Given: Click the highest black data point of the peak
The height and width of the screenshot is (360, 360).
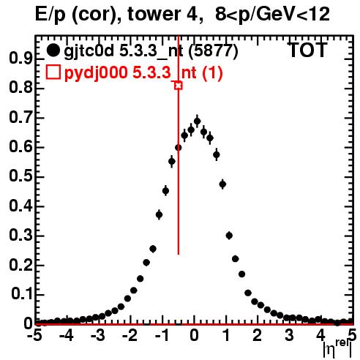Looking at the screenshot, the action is (197, 121).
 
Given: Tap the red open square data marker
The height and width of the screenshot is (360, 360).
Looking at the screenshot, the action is (179, 86).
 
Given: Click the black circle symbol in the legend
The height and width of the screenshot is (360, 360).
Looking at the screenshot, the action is (53, 50).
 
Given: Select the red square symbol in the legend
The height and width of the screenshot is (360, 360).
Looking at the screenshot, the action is (53, 72).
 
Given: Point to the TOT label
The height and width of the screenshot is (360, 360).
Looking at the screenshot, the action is (308, 50).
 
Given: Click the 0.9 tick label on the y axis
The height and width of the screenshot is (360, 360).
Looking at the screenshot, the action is (20, 59).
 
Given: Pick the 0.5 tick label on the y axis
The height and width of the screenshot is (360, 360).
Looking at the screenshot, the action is (20, 176).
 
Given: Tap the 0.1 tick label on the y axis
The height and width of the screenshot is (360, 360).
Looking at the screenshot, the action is (22, 294).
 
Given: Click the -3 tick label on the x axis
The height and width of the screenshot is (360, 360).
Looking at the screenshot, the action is (98, 335).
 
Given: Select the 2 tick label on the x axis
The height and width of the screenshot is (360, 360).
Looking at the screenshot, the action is (258, 335).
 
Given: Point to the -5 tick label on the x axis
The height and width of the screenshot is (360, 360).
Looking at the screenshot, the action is (34, 335).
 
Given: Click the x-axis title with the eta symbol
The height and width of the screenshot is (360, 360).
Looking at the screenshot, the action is (337, 350).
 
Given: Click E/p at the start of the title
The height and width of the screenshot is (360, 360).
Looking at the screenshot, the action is (50, 15).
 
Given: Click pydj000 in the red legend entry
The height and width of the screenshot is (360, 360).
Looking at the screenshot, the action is (96, 73).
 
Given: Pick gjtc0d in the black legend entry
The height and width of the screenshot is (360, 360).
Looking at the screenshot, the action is (89, 51).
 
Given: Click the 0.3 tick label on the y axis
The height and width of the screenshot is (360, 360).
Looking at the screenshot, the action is (20, 236).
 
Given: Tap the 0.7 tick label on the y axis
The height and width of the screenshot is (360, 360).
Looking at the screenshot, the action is (20, 118).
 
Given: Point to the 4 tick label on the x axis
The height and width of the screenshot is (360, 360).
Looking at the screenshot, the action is (320, 335).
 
